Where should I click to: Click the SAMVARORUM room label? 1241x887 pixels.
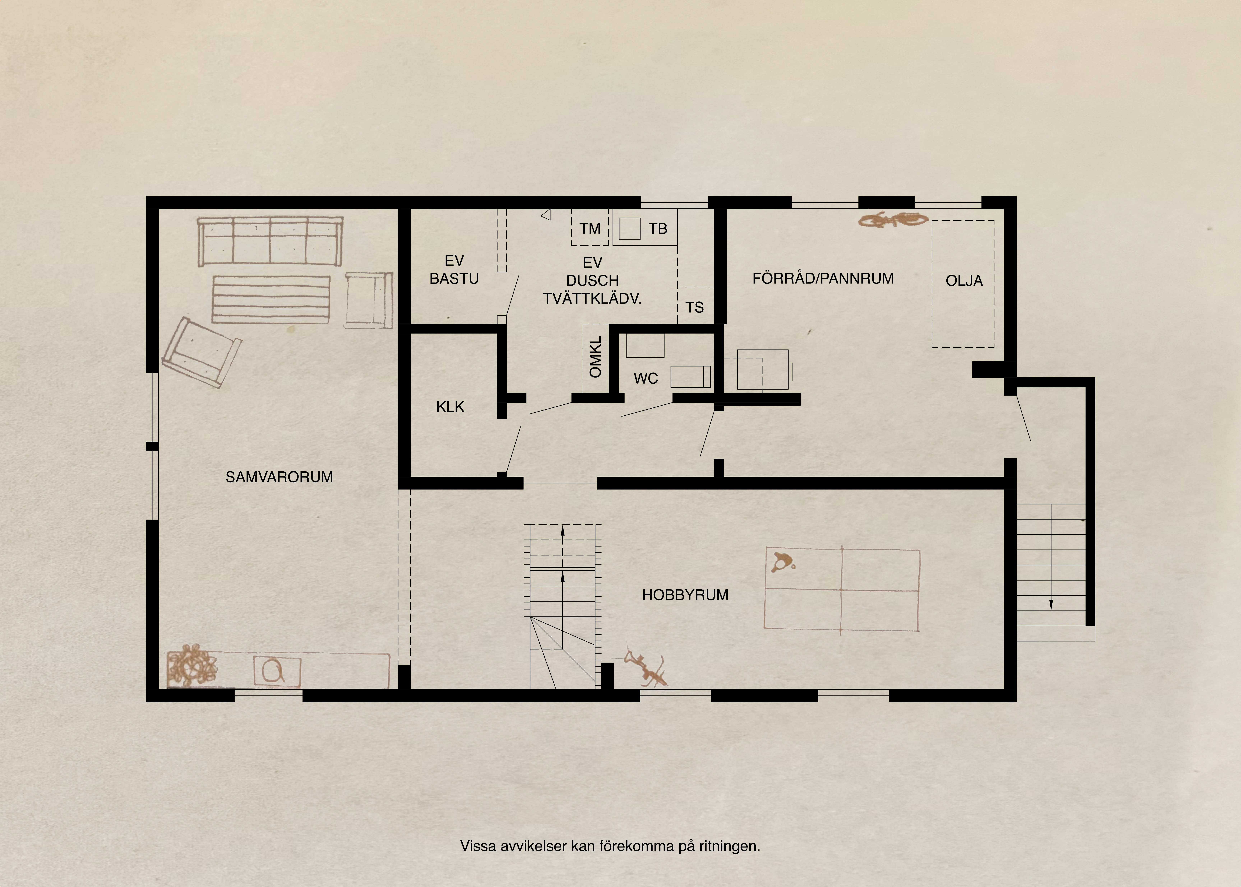279,477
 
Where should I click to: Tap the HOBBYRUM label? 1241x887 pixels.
685,595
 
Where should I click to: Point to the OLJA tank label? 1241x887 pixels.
964,281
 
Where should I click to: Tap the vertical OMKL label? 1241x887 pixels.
596,357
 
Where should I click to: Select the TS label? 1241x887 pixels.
695,308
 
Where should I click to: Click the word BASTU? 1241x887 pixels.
454,279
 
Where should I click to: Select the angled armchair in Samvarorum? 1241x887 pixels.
201,353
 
